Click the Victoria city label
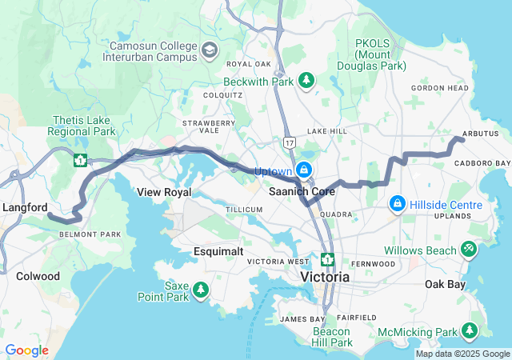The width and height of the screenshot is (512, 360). click(325, 277)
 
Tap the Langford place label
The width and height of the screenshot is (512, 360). click(24, 207)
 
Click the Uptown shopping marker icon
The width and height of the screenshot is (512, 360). click(304, 170)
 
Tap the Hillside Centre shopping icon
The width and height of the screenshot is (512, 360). click(396, 205)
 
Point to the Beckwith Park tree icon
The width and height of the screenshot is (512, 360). click(306, 80)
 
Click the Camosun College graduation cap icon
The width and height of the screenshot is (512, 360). click(209, 51)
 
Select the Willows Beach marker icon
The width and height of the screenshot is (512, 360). click(470, 250)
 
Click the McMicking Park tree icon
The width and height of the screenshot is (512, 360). click(470, 330)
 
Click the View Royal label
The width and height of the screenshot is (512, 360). click(164, 193)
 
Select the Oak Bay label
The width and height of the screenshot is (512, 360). click(445, 284)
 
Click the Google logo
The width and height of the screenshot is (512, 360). click(26, 350)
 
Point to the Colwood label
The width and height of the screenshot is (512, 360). click(38, 276)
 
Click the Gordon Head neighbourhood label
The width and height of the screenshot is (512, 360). click(439, 88)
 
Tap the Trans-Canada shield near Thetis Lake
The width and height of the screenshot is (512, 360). click(80, 160)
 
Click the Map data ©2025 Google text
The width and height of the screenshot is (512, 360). click(462, 354)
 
